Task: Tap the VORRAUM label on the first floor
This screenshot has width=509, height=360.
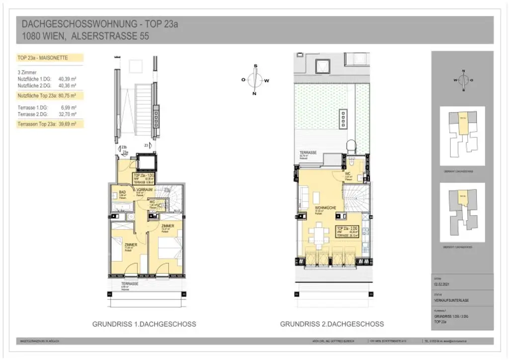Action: (x=144, y=190)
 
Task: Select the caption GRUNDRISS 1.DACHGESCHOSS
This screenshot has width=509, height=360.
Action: (x=144, y=324)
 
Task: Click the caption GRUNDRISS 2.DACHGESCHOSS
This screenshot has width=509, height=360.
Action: (x=332, y=324)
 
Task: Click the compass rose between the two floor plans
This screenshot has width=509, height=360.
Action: (x=255, y=80)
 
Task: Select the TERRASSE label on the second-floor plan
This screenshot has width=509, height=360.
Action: (x=308, y=153)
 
